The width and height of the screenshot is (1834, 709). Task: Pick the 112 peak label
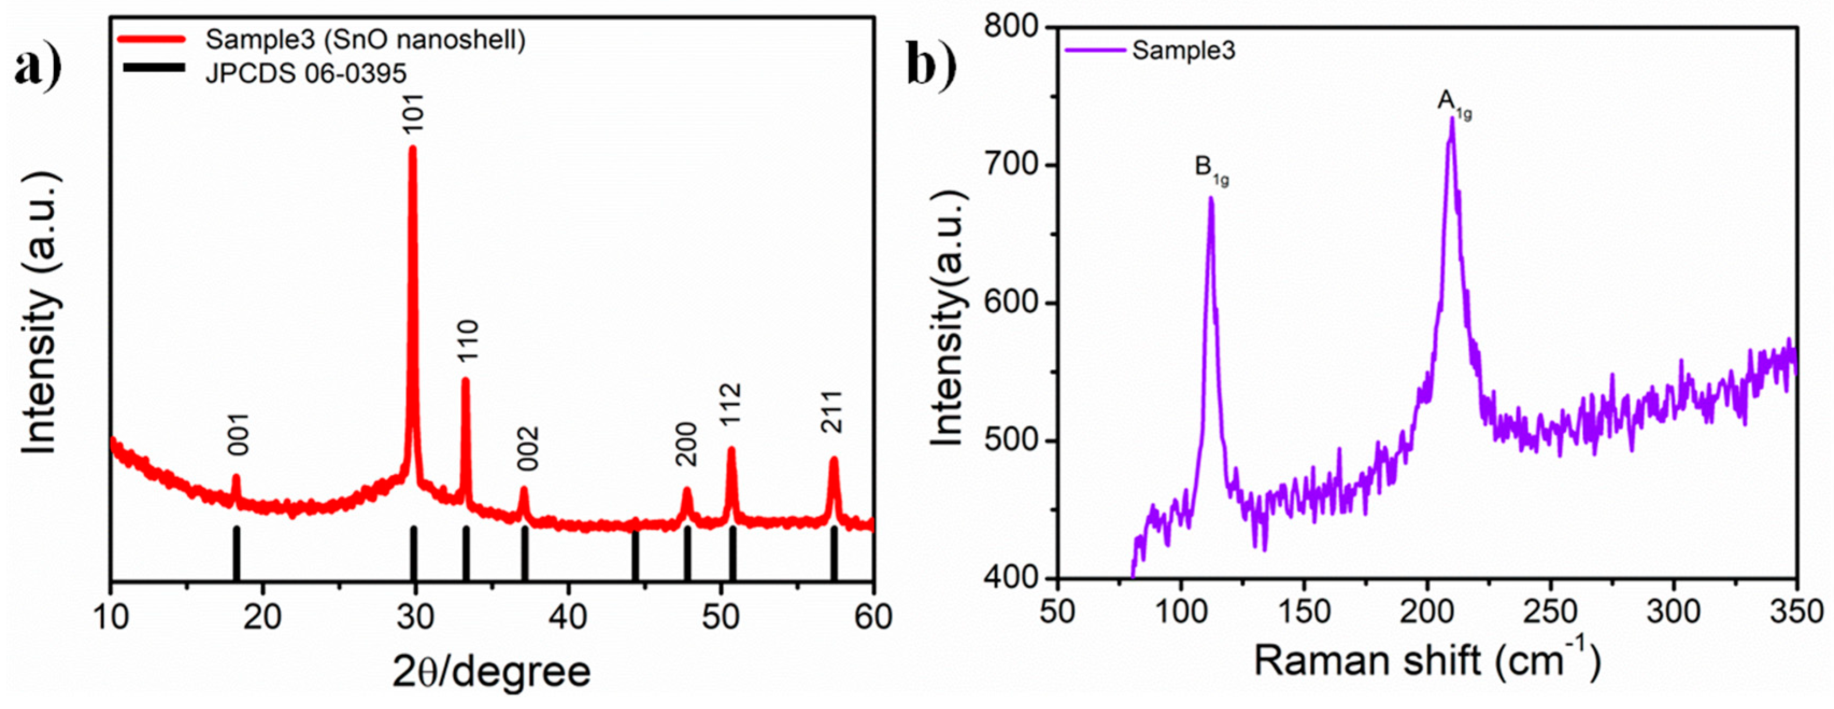[731, 403]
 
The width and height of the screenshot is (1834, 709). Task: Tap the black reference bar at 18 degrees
[237, 553]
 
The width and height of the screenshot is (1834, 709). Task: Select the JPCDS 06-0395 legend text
[306, 73]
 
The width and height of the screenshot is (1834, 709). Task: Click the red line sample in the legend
[153, 40]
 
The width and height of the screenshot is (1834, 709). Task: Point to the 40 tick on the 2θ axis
[567, 616]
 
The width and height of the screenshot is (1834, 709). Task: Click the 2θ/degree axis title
[491, 672]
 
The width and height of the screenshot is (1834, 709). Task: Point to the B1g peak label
[1211, 170]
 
